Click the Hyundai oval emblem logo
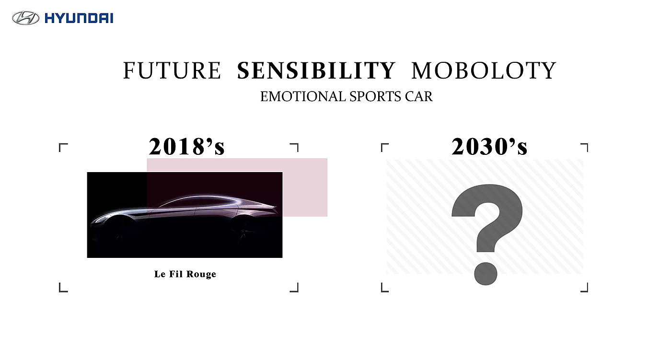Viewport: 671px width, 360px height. pyautogui.click(x=25, y=18)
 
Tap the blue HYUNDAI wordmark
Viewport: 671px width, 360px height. pyautogui.click(x=79, y=18)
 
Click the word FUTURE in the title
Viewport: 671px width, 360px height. pyautogui.click(x=172, y=70)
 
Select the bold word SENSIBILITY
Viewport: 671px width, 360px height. pyautogui.click(x=316, y=70)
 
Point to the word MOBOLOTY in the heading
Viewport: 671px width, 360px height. pyautogui.click(x=484, y=70)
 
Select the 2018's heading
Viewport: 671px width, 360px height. pyautogui.click(x=186, y=147)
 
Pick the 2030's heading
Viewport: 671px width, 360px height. pyautogui.click(x=489, y=147)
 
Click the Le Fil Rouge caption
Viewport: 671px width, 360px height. pyautogui.click(x=185, y=274)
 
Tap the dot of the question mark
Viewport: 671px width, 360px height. pyautogui.click(x=486, y=274)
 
